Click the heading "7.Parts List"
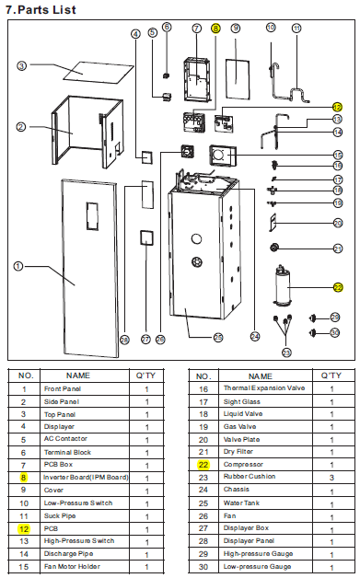pos(41,9)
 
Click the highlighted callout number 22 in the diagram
pos(338,287)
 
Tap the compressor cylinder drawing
pos(282,285)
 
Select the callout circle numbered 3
pos(22,66)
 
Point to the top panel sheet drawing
pos(99,72)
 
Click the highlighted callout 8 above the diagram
pos(215,29)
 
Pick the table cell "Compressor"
pos(243,465)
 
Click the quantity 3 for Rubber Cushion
pos(331,478)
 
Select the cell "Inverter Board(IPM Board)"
pos(86,478)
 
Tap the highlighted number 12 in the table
pos(24,529)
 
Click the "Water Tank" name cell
pos(241,503)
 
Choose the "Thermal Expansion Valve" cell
pos(264,388)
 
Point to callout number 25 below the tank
pos(218,337)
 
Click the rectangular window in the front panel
pos(93,216)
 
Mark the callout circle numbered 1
pos(18,266)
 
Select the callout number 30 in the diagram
pos(334,333)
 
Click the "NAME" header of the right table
pos(261,376)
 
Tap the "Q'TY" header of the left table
pos(145,376)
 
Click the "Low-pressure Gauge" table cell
pos(257,567)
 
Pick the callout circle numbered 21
pos(338,249)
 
